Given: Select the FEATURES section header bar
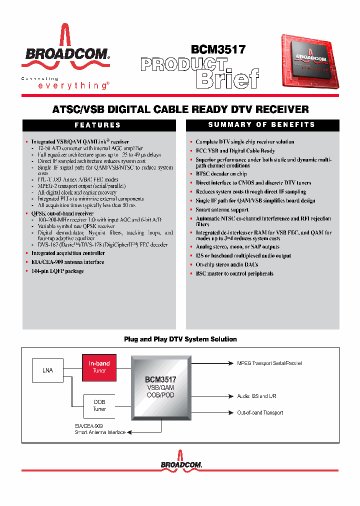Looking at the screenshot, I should point(97,125).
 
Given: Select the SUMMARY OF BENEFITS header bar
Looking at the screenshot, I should point(261,125).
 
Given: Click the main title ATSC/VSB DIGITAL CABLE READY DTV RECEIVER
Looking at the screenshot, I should point(180,109).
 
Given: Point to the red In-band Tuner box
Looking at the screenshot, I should point(99,367).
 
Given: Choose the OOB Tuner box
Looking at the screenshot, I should point(99,405).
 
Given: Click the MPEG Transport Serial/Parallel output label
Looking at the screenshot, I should point(269,363).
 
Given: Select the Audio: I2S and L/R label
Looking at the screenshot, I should point(256,396).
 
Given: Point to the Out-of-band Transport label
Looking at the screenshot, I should point(260,412).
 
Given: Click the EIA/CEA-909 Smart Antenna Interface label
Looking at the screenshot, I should point(100,429).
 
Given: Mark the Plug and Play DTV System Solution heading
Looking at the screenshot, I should point(180,339).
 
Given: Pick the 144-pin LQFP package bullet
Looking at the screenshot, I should point(57,271).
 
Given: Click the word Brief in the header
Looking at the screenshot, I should point(227,78).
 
